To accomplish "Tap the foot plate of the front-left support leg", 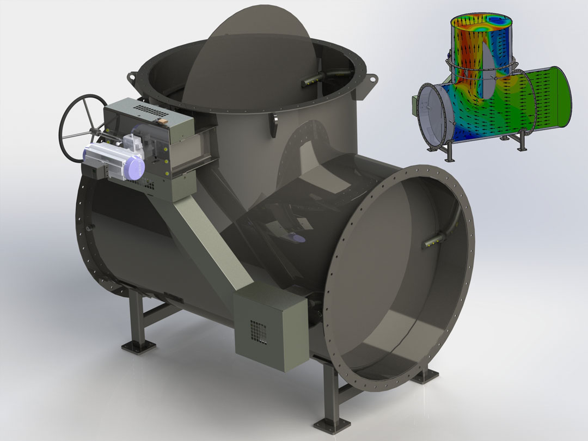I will pos(138,345).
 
